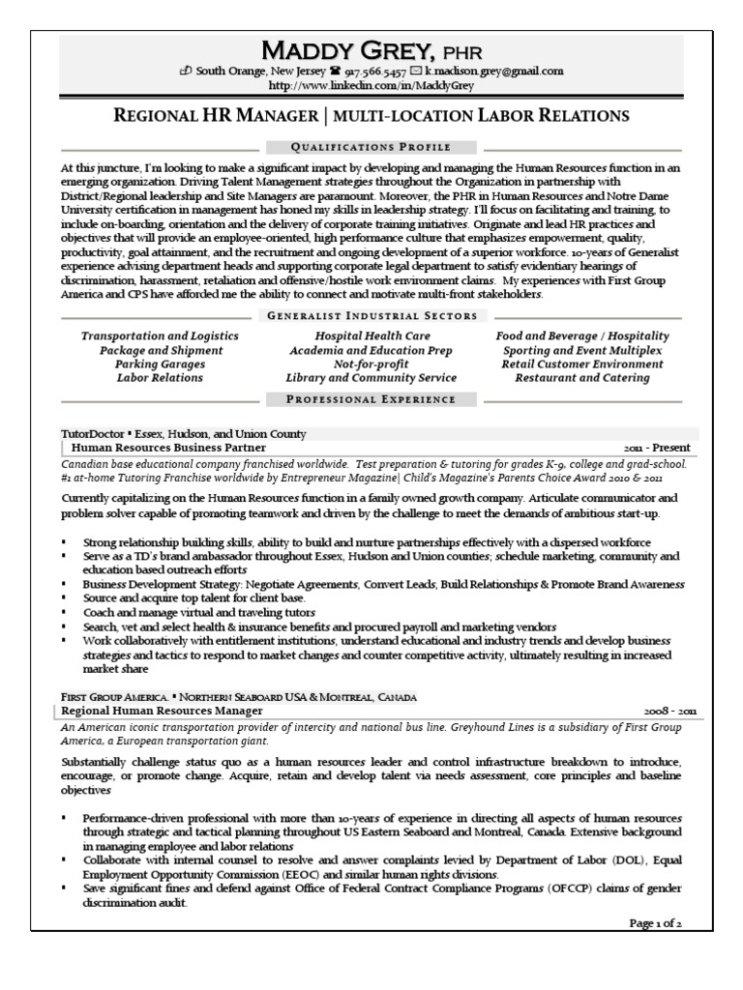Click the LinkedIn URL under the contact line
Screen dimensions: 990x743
(x=371, y=85)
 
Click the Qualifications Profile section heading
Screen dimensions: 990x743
(x=371, y=147)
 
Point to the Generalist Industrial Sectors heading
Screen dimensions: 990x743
(x=371, y=315)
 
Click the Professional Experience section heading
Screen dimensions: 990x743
(x=371, y=398)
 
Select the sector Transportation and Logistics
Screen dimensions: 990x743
(x=160, y=335)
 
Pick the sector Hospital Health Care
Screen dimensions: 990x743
(x=371, y=335)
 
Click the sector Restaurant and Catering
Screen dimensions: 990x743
(x=581, y=378)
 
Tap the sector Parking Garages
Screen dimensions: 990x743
(x=160, y=364)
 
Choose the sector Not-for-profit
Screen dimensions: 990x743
(x=371, y=364)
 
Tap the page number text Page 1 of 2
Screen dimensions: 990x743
(x=656, y=923)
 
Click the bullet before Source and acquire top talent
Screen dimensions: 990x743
(x=63, y=598)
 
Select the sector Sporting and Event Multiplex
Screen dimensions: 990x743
(x=581, y=350)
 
